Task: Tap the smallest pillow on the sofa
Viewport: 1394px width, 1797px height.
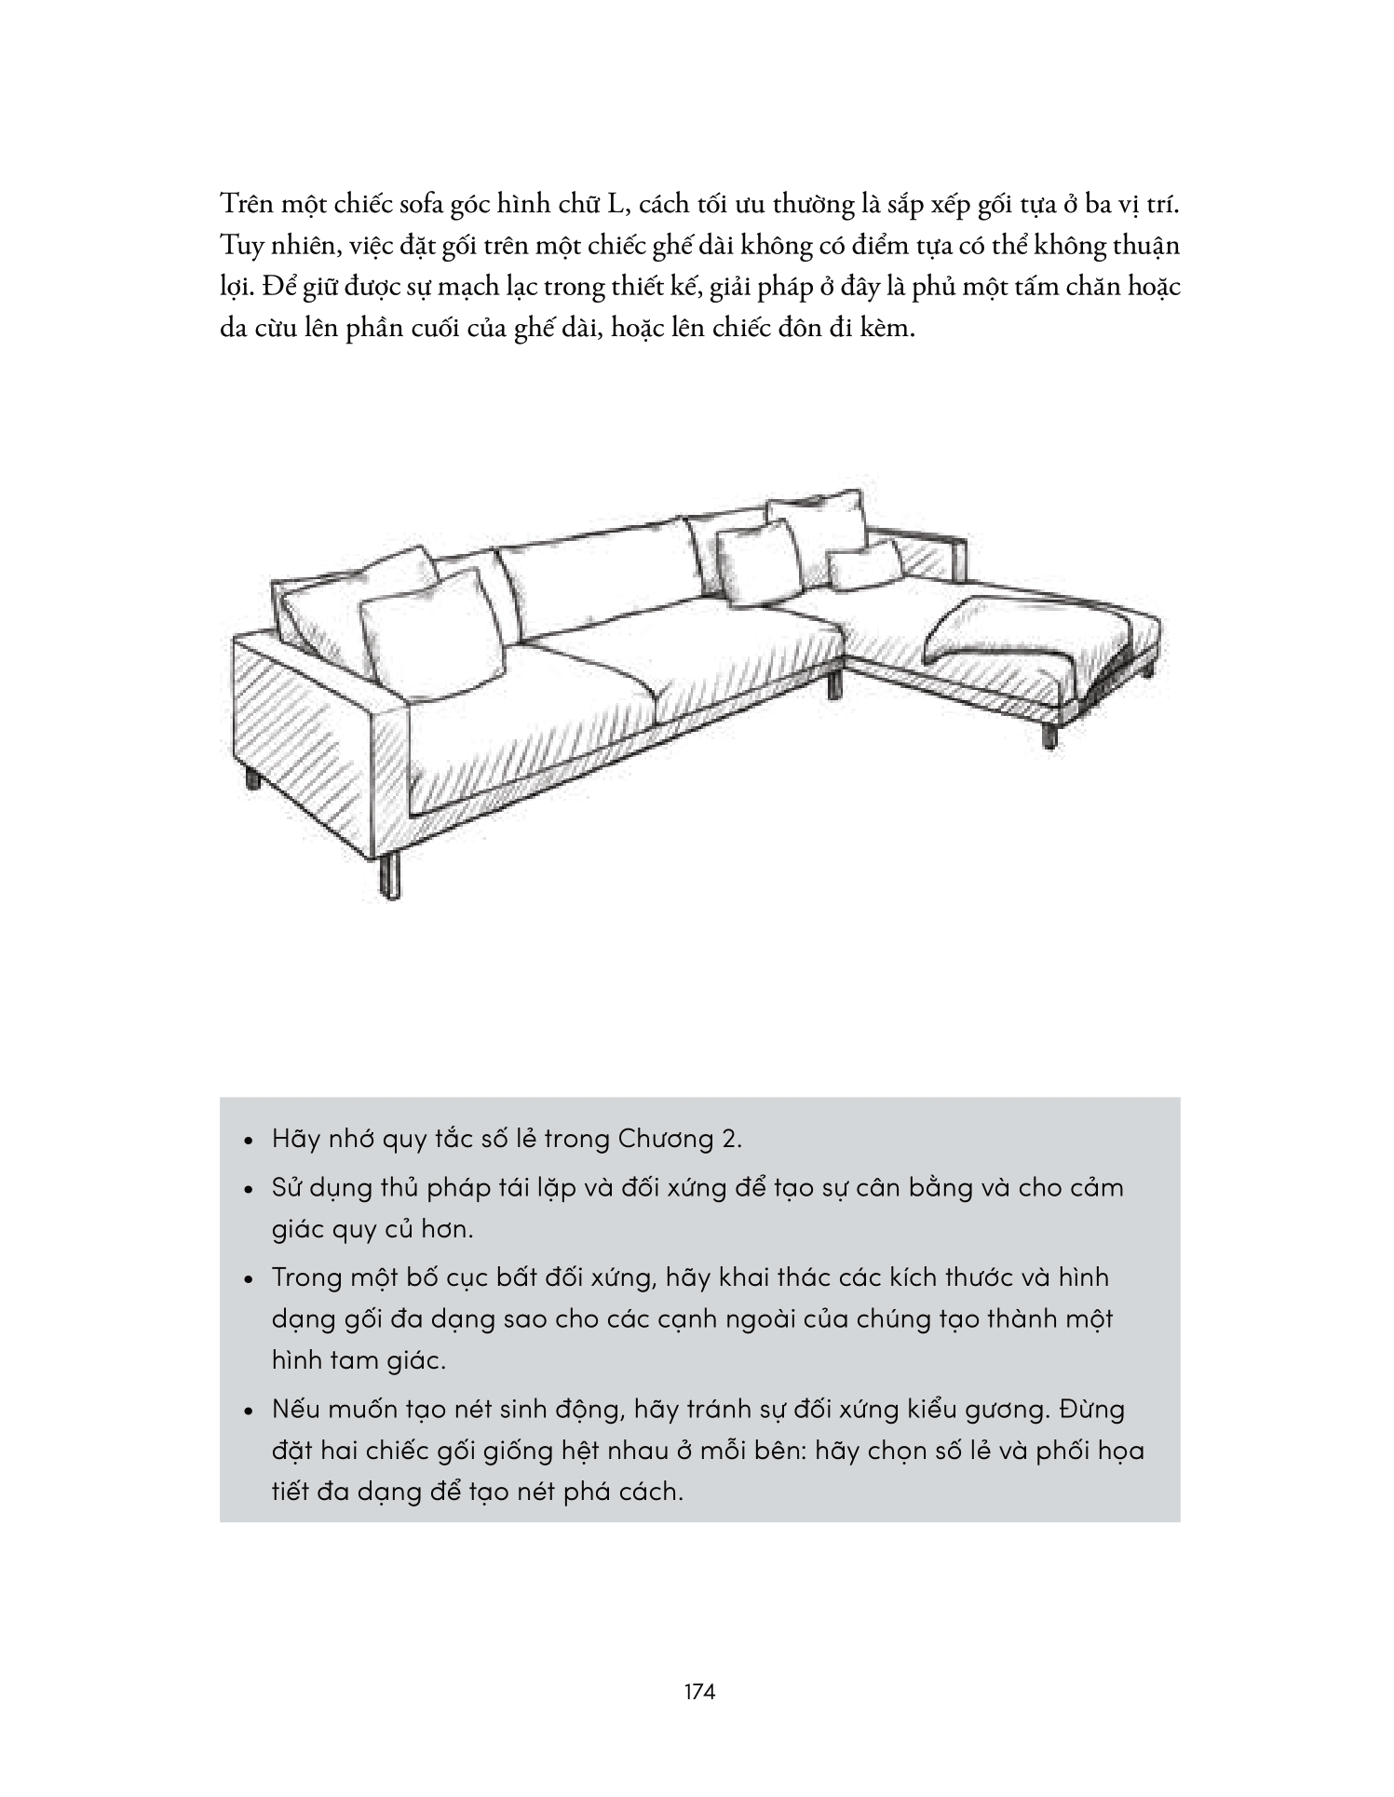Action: [864, 564]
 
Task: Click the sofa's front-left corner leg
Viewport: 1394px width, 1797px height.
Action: [393, 875]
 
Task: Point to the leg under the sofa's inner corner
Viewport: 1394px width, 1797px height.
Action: [835, 684]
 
